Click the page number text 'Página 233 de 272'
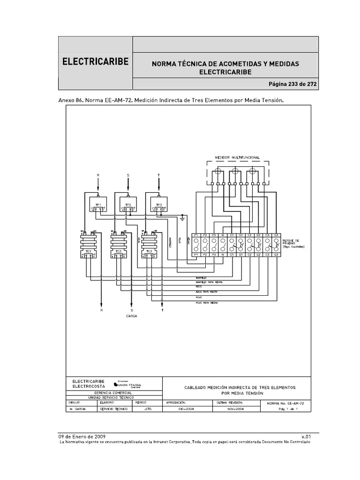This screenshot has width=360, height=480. click(293, 84)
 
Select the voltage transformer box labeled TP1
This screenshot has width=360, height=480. click(98, 205)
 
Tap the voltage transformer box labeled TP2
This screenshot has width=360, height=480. click(128, 205)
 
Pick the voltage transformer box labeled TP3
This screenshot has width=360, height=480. click(158, 205)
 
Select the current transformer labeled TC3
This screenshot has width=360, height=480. click(148, 244)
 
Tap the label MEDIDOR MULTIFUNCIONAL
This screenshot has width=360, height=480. click(237, 157)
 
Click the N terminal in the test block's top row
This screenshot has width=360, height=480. click(223, 235)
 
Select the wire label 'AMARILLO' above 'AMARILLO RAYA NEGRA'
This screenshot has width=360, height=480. click(201, 277)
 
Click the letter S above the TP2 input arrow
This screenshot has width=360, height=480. click(128, 175)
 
